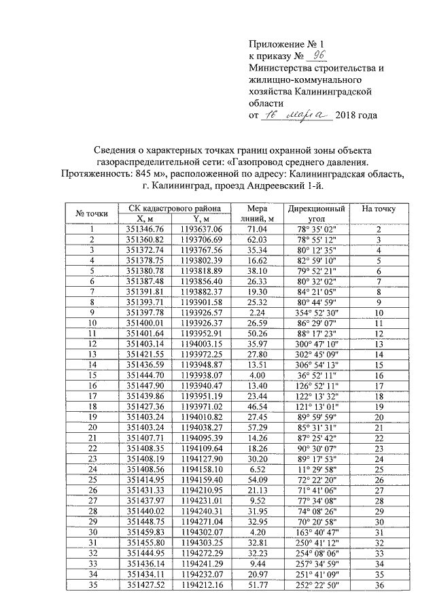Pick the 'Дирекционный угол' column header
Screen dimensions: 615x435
pos(316,213)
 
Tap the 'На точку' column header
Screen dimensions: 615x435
pos(380,209)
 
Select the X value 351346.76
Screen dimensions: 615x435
pos(145,230)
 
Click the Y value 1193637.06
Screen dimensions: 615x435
pos(202,230)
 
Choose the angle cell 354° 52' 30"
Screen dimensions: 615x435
pos(316,312)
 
